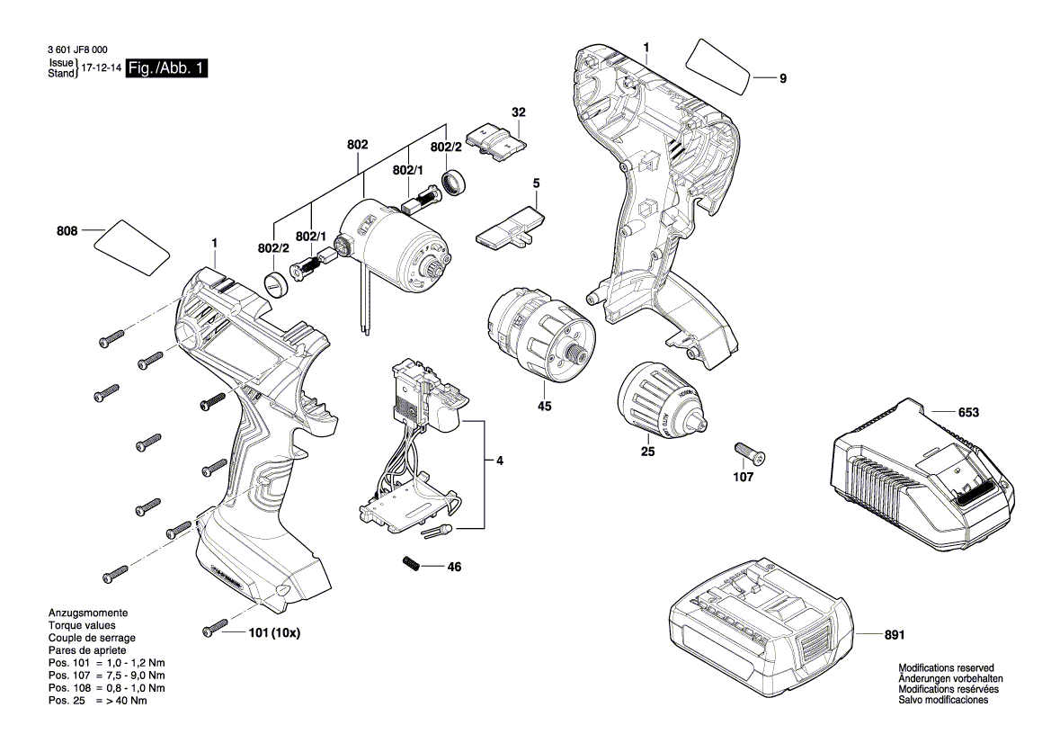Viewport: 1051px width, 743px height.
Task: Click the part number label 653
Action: click(968, 413)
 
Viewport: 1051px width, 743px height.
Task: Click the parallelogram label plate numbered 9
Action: click(718, 66)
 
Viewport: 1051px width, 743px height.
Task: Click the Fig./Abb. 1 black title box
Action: click(168, 68)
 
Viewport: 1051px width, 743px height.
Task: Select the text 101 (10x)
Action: click(274, 632)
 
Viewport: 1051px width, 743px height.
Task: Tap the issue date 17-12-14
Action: click(102, 68)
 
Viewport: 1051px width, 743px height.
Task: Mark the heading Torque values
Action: click(82, 624)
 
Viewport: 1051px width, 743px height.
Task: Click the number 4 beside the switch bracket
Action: click(499, 461)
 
